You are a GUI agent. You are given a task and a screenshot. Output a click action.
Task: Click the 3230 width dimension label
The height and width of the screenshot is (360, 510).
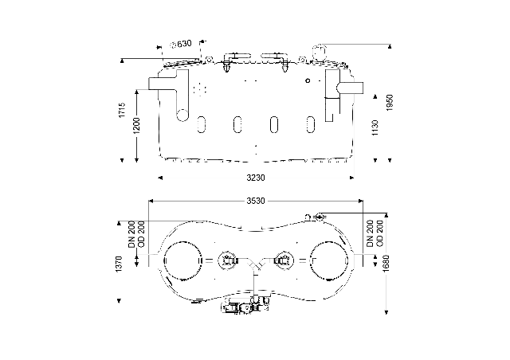tap(256, 178)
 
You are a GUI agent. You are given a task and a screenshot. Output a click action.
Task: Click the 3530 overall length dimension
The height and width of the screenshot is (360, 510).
tap(256, 201)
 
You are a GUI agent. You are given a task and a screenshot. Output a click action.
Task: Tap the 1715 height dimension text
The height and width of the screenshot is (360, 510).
tap(122, 110)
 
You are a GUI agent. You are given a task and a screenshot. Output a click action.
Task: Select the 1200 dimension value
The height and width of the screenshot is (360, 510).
tap(136, 126)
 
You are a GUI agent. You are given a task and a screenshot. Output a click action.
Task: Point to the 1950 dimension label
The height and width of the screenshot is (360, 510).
tap(390, 103)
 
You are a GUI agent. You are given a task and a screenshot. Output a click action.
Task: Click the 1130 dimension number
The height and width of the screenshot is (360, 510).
tap(375, 128)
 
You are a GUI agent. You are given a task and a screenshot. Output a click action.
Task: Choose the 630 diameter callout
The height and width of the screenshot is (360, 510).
tap(182, 44)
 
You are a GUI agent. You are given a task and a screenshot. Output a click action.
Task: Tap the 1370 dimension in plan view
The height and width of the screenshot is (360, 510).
tap(119, 264)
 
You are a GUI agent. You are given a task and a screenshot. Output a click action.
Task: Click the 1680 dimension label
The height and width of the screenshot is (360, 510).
tap(386, 264)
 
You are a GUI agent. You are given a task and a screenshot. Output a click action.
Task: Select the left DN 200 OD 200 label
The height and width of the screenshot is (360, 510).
tap(136, 234)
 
